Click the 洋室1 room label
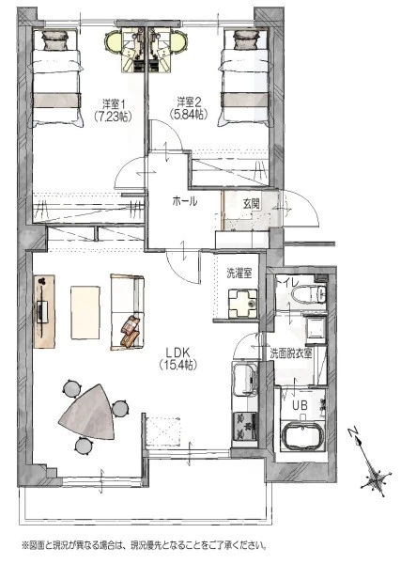(x=114, y=104)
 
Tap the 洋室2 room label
(x=189, y=102)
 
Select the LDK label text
(x=177, y=352)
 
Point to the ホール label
(x=185, y=201)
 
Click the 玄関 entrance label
(x=251, y=204)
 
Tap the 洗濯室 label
(x=239, y=274)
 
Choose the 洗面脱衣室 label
(x=291, y=353)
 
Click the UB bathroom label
(x=300, y=406)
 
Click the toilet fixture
(x=309, y=294)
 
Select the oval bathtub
(x=303, y=437)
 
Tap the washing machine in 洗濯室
(x=242, y=304)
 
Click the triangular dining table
(x=87, y=411)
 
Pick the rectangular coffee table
(x=85, y=312)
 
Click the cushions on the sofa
(x=130, y=331)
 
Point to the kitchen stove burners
(x=245, y=426)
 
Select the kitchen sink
(x=245, y=379)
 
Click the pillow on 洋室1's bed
(x=55, y=39)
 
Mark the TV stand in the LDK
(x=44, y=311)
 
